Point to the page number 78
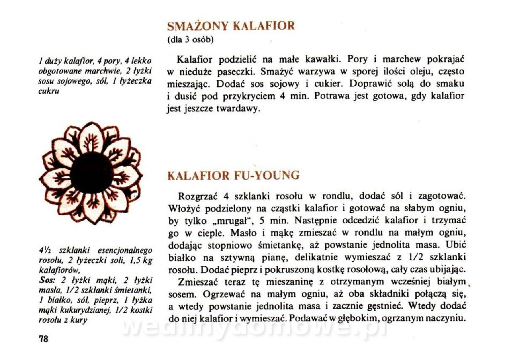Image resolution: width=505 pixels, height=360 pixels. tap(43, 339)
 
